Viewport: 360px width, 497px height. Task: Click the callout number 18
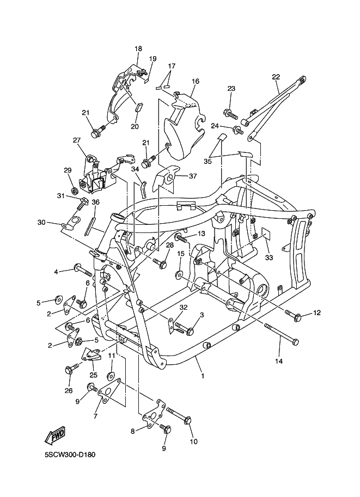click(x=138, y=49)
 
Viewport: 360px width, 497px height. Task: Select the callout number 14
click(x=279, y=361)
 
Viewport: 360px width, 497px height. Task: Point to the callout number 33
click(x=269, y=257)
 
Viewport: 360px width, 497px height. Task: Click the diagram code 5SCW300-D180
click(x=70, y=455)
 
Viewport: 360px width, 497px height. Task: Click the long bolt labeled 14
click(x=282, y=334)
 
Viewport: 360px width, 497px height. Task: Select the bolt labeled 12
click(x=294, y=315)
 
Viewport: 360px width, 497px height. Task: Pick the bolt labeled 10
click(x=179, y=415)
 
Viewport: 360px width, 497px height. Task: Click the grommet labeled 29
click(x=76, y=191)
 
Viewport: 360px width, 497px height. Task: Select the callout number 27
click(x=76, y=140)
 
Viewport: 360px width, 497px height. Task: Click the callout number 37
click(x=193, y=176)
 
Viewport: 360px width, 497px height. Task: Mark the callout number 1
click(x=203, y=376)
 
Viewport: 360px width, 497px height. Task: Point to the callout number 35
click(x=208, y=161)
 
